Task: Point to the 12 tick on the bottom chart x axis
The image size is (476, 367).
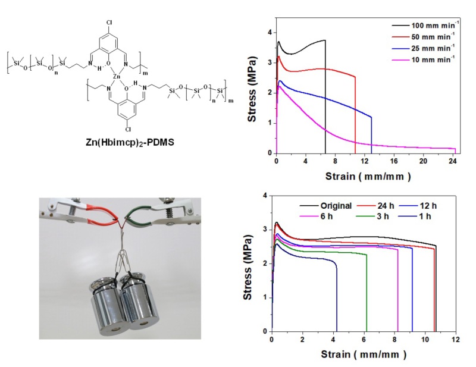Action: tap(455, 340)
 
